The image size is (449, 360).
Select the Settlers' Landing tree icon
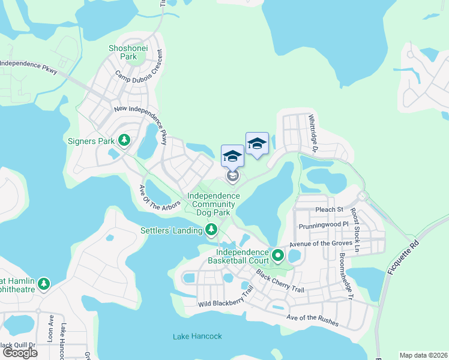211,229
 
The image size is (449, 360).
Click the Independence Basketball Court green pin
278,256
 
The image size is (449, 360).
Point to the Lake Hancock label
197,336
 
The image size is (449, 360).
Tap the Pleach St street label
328,210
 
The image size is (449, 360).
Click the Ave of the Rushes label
312,320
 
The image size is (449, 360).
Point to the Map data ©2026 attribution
423,355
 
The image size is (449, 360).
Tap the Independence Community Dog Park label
209,204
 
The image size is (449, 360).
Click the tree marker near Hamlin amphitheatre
43,283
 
